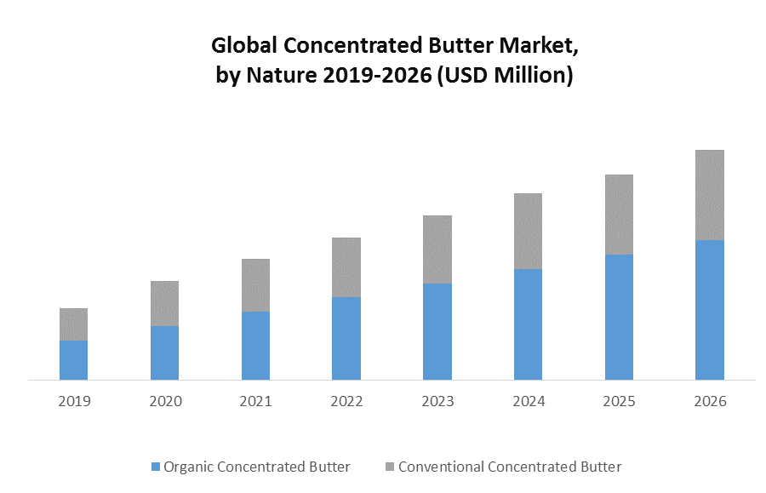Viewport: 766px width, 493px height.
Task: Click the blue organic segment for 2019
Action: pyautogui.click(x=73, y=359)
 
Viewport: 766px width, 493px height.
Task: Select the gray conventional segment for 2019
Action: pyautogui.click(x=73, y=324)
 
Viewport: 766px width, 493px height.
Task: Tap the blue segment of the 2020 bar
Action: pyautogui.click(x=164, y=353)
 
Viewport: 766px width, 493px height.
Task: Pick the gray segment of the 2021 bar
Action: pyautogui.click(x=255, y=285)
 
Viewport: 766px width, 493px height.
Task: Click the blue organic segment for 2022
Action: pyautogui.click(x=346, y=338)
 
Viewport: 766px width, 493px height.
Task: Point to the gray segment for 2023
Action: pyautogui.click(x=437, y=249)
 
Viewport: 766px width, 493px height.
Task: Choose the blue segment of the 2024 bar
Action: pyautogui.click(x=528, y=324)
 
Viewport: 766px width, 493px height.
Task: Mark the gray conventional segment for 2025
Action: pyautogui.click(x=619, y=215)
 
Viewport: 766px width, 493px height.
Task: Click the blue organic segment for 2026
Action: pyautogui.click(x=710, y=309)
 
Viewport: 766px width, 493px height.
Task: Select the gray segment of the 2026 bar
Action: pyautogui.click(x=710, y=195)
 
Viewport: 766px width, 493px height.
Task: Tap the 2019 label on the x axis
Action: pyautogui.click(x=74, y=401)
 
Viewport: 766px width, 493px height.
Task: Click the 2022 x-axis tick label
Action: pyautogui.click(x=346, y=401)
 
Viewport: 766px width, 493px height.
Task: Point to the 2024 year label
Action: pyautogui.click(x=528, y=401)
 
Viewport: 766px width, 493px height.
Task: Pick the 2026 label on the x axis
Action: pyautogui.click(x=710, y=401)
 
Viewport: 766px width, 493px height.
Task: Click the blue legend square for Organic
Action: pyautogui.click(x=155, y=467)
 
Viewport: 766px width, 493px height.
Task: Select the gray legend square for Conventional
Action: pyautogui.click(x=390, y=467)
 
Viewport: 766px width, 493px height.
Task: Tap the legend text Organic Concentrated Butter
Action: pyautogui.click(x=257, y=467)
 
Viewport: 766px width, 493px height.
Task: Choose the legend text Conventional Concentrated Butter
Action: pyautogui.click(x=510, y=467)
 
